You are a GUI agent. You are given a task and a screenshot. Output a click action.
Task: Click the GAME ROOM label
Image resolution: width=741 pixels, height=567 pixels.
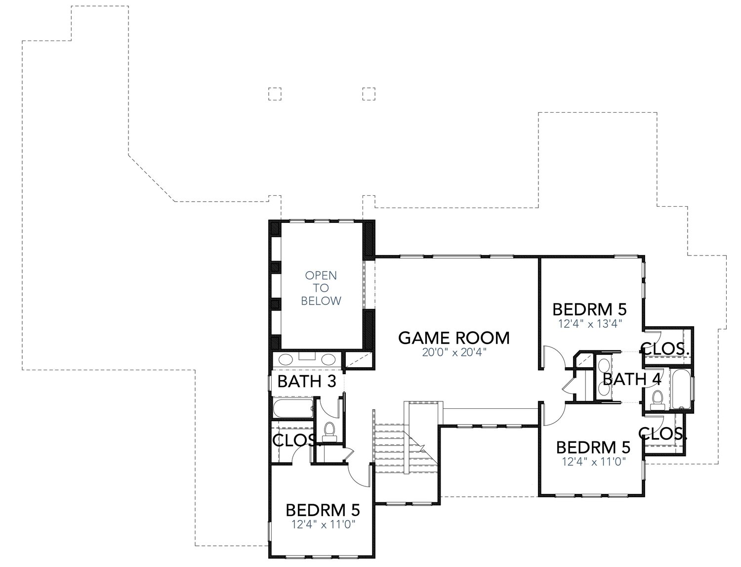(453, 338)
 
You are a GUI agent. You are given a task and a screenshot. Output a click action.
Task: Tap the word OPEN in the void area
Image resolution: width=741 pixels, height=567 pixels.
(321, 275)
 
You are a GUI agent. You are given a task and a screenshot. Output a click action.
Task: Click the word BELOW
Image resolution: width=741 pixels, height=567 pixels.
(321, 301)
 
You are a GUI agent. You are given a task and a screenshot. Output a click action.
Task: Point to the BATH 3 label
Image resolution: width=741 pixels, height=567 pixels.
(307, 381)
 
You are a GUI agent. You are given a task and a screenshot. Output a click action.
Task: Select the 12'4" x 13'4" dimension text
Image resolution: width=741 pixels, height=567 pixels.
(589, 324)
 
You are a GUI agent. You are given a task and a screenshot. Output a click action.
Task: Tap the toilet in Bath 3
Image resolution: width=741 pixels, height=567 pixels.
(329, 431)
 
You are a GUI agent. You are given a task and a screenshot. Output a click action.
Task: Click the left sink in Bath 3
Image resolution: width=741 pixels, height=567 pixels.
(287, 359)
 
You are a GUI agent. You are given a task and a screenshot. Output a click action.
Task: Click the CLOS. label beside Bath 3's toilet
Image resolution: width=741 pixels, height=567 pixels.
(293, 439)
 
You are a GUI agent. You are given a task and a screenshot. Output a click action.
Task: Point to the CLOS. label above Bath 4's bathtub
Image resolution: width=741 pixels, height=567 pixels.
(665, 348)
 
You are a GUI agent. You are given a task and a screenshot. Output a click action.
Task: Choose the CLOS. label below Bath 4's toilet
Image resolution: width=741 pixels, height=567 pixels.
(663, 434)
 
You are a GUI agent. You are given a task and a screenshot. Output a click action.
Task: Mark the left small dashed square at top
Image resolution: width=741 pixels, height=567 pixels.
(274, 94)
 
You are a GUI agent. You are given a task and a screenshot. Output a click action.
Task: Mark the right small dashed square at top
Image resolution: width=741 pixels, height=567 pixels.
(369, 94)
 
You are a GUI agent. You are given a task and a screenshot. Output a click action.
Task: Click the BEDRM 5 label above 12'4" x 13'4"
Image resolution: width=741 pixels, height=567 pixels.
(589, 309)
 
